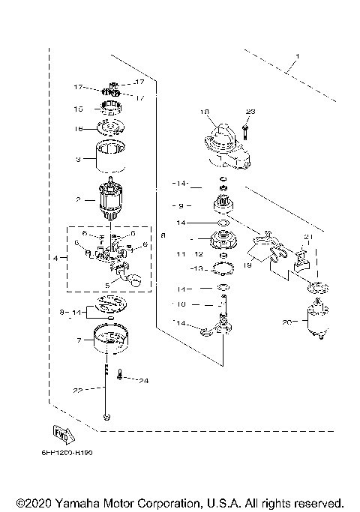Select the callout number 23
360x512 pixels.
tap(250, 112)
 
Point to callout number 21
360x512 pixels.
tap(307, 236)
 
